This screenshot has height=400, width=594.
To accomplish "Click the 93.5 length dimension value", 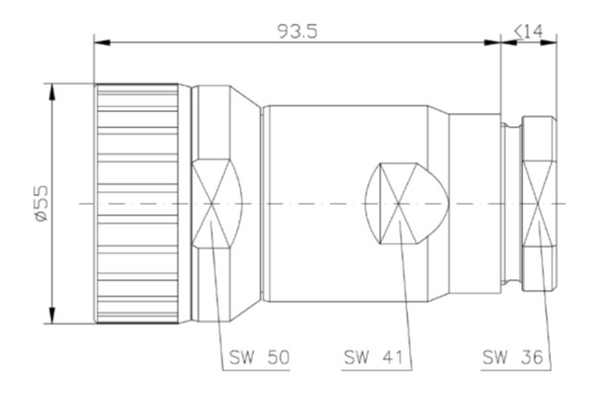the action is [x=298, y=32].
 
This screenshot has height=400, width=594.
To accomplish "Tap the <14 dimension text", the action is [x=529, y=32].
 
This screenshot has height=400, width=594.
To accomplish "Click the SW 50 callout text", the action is [x=260, y=357].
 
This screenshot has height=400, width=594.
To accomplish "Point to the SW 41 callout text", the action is [x=373, y=357].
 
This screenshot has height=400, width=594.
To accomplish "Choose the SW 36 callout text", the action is [x=513, y=357].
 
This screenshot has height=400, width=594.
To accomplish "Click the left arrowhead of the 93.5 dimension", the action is [x=102, y=42].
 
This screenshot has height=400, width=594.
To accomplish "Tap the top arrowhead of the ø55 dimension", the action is [x=52, y=92].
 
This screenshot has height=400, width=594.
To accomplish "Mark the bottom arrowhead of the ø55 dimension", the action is [x=52, y=315].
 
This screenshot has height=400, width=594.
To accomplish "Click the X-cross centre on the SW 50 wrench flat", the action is [x=212, y=204].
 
